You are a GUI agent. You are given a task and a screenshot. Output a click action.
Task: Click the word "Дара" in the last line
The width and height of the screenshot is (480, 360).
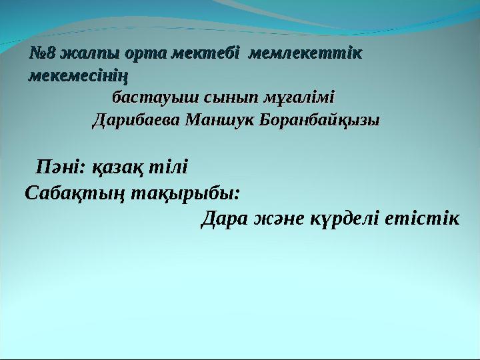coord(225,218)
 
